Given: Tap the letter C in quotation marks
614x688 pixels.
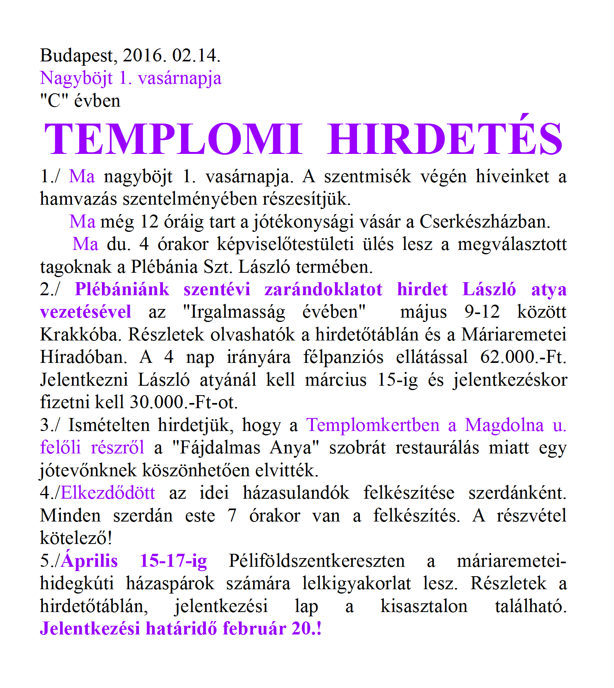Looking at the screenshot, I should tap(54, 101).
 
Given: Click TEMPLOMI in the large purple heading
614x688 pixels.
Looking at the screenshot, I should tap(173, 139).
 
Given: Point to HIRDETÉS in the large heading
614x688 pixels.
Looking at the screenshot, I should tap(445, 139).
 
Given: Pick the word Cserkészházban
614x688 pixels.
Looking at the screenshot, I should tap(485, 222).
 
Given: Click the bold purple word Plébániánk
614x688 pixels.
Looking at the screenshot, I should tap(122, 290).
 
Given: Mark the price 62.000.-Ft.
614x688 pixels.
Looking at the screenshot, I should tap(523, 357).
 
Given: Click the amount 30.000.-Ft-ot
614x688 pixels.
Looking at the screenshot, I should tap(184, 403).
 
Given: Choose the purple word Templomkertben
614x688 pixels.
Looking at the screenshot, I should tap(373, 425).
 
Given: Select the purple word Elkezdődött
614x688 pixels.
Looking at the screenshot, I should tap(108, 493).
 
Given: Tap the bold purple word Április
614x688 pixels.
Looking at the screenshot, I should tap(90, 561).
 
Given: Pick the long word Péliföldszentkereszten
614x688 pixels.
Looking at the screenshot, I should tap(317, 561).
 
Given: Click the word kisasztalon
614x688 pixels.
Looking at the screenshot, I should tap(424, 607).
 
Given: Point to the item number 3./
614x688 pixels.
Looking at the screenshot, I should tap(50, 425).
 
